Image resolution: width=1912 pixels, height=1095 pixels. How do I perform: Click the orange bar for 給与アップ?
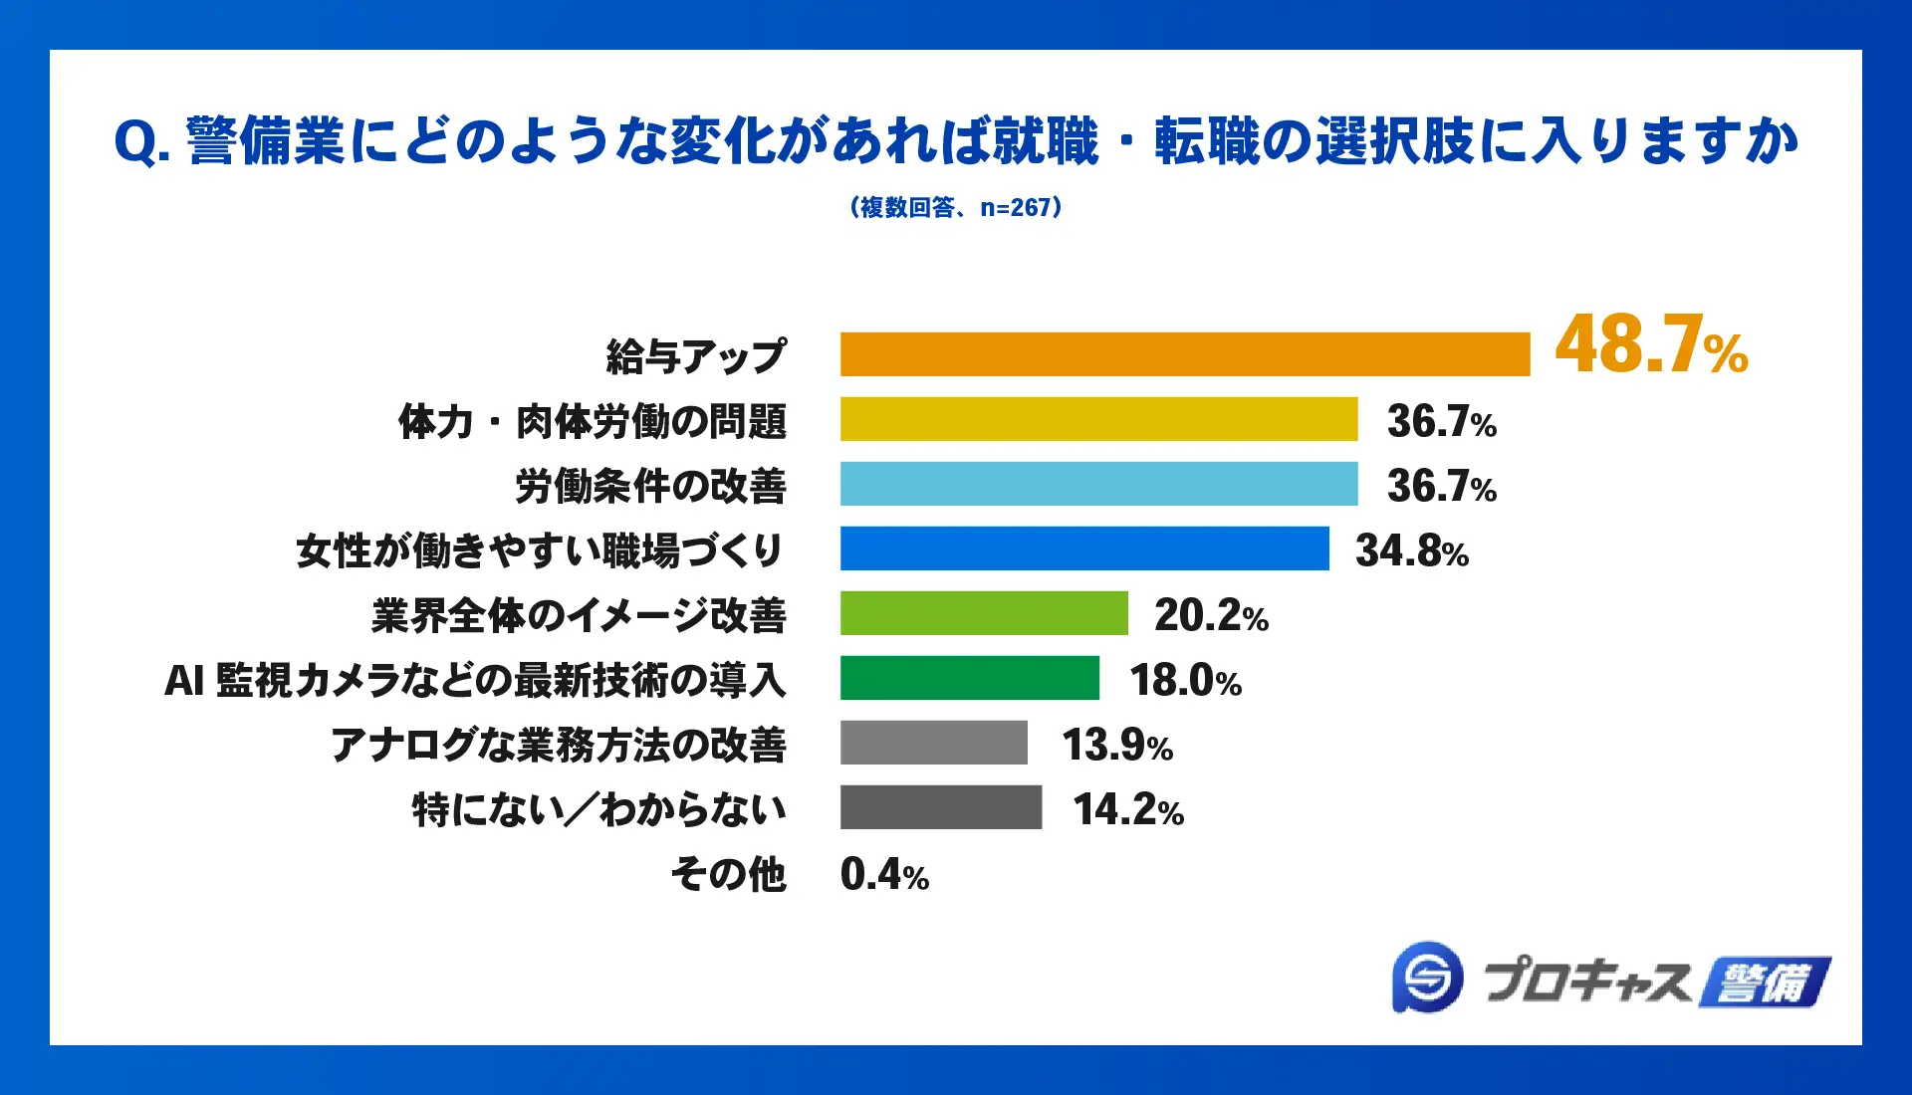(x=1184, y=354)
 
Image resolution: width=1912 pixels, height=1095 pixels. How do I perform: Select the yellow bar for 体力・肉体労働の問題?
(x=1098, y=419)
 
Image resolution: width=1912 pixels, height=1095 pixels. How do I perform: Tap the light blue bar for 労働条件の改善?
(x=1098, y=484)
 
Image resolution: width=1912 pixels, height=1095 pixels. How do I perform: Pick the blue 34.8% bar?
(x=1084, y=548)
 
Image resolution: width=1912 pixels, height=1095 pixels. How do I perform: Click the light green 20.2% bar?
(x=984, y=613)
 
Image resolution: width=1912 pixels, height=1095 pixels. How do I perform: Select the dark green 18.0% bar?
(x=969, y=678)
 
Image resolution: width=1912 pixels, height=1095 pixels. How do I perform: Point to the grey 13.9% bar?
(x=933, y=743)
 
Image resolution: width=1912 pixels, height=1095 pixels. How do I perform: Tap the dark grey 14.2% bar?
(x=940, y=807)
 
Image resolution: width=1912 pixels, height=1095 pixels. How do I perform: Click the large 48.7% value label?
(x=1651, y=345)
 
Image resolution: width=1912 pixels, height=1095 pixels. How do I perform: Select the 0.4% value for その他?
(x=884, y=874)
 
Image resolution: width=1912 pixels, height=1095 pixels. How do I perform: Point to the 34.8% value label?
(x=1411, y=550)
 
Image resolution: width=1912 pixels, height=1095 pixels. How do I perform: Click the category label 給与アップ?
(x=696, y=356)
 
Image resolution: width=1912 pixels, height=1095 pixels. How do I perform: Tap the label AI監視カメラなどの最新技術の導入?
(x=475, y=681)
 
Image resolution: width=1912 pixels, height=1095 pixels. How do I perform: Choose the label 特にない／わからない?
(x=598, y=809)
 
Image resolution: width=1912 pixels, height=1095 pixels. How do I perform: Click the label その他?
(x=728, y=874)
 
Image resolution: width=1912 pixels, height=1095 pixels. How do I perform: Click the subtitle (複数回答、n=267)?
(x=955, y=207)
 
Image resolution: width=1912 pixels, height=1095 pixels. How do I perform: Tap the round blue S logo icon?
(x=1428, y=978)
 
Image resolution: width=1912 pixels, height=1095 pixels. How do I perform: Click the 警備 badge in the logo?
(x=1765, y=983)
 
